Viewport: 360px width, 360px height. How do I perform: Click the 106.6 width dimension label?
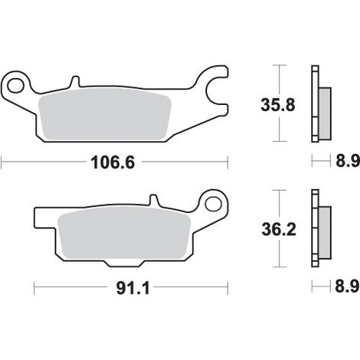point(113,162)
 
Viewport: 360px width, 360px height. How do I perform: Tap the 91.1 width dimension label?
point(133,289)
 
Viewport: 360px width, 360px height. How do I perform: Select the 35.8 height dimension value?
point(278,105)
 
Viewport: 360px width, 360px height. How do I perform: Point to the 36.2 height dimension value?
point(279,229)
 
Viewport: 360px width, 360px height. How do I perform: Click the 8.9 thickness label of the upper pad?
point(348,161)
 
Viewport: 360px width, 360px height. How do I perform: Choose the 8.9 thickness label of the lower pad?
point(347,286)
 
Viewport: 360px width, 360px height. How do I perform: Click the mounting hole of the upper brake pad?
point(15,85)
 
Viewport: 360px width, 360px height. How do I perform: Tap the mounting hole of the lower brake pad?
point(213,204)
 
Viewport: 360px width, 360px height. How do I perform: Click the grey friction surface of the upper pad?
point(105,114)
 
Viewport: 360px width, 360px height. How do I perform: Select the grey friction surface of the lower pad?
point(124,233)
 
